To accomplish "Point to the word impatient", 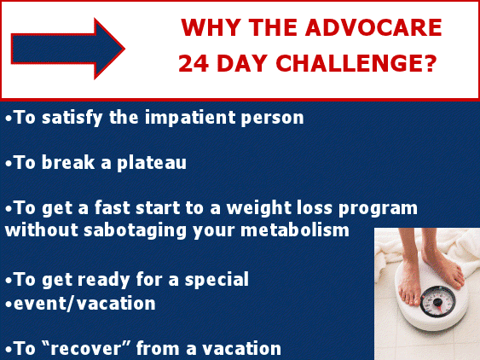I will click(198, 119).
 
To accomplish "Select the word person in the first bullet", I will click(275, 119).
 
